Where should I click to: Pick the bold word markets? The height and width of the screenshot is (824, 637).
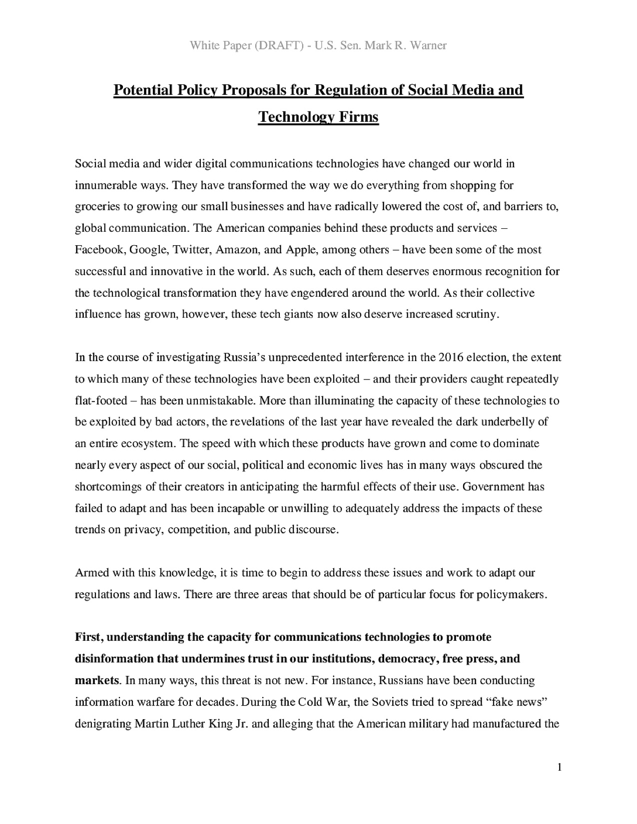tap(97, 681)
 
